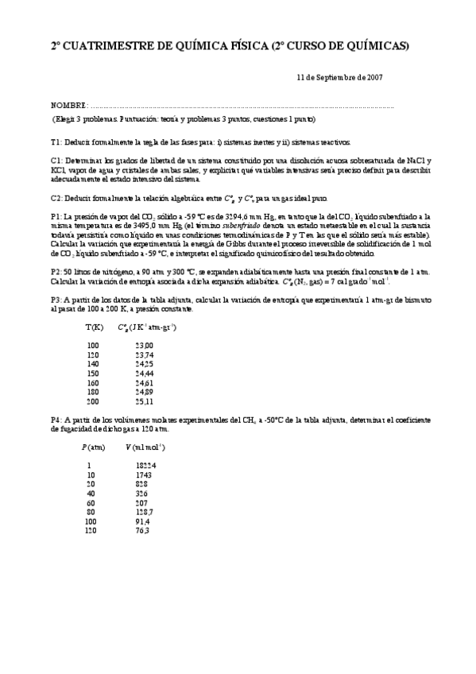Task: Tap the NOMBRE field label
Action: click(x=68, y=106)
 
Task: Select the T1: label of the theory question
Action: click(x=56, y=141)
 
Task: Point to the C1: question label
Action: click(x=56, y=161)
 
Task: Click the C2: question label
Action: click(x=56, y=198)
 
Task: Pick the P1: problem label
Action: click(x=56, y=216)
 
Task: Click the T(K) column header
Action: click(x=94, y=327)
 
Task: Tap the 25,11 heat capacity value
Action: click(x=145, y=401)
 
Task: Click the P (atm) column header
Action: click(x=95, y=447)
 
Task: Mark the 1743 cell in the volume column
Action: click(x=144, y=475)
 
